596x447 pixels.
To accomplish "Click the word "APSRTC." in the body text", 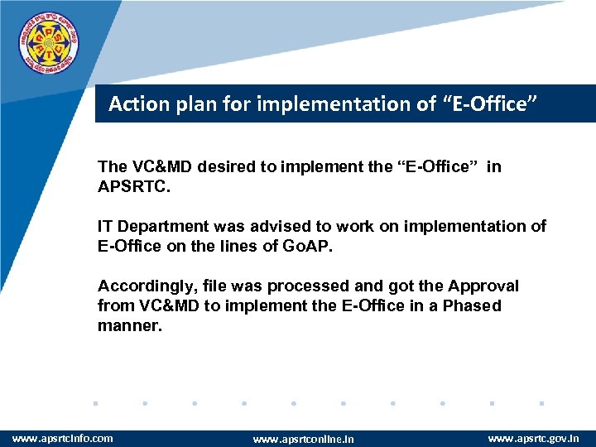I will [x=132, y=186].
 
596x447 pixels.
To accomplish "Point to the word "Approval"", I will [x=484, y=286].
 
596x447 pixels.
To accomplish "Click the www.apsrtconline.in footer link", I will [x=303, y=439].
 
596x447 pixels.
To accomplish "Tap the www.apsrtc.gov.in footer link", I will [x=533, y=437].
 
